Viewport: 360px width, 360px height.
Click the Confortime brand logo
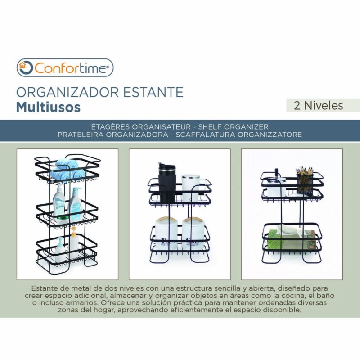[x=65, y=68]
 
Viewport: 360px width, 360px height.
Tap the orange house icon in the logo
[x=22, y=65]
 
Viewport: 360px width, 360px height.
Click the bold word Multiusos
[x=48, y=107]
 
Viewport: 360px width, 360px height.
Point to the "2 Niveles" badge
[x=319, y=106]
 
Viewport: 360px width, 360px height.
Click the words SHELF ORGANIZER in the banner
[x=233, y=127]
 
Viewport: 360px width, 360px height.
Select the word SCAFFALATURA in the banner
[x=206, y=134]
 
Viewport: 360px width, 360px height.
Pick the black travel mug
[x=167, y=183]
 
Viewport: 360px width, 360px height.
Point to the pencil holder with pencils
[x=305, y=181]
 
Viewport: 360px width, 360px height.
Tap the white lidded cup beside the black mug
[x=191, y=188]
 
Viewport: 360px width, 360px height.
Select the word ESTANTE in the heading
[x=153, y=92]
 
